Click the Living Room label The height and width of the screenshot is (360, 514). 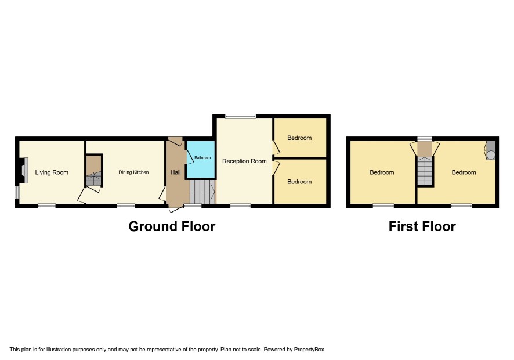pos(52,172)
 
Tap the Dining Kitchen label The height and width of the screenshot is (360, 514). pos(133,172)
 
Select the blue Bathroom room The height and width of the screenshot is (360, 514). pos(200,160)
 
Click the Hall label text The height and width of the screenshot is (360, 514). pos(176,172)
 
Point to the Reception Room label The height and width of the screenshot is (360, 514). pos(244,161)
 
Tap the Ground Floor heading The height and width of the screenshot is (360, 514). pos(172,226)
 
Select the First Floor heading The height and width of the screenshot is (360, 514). pos(422,226)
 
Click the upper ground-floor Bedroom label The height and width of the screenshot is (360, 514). pos(299,138)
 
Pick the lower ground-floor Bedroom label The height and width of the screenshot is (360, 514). pos(299,182)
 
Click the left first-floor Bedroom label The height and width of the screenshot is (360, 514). pos(382,172)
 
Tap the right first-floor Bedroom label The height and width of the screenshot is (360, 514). pos(464,172)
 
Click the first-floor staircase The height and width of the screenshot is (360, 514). pos(425,171)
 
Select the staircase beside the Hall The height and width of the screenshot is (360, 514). pos(202,191)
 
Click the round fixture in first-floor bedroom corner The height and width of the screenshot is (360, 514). pos(491,155)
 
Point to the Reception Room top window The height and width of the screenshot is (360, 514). pos(240,116)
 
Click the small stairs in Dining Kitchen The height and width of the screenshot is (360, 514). pos(94,171)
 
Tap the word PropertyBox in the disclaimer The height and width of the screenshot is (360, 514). pos(309,350)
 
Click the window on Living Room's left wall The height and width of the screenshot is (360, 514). pos(17,193)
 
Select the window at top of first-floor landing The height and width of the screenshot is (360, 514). pos(425,139)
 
